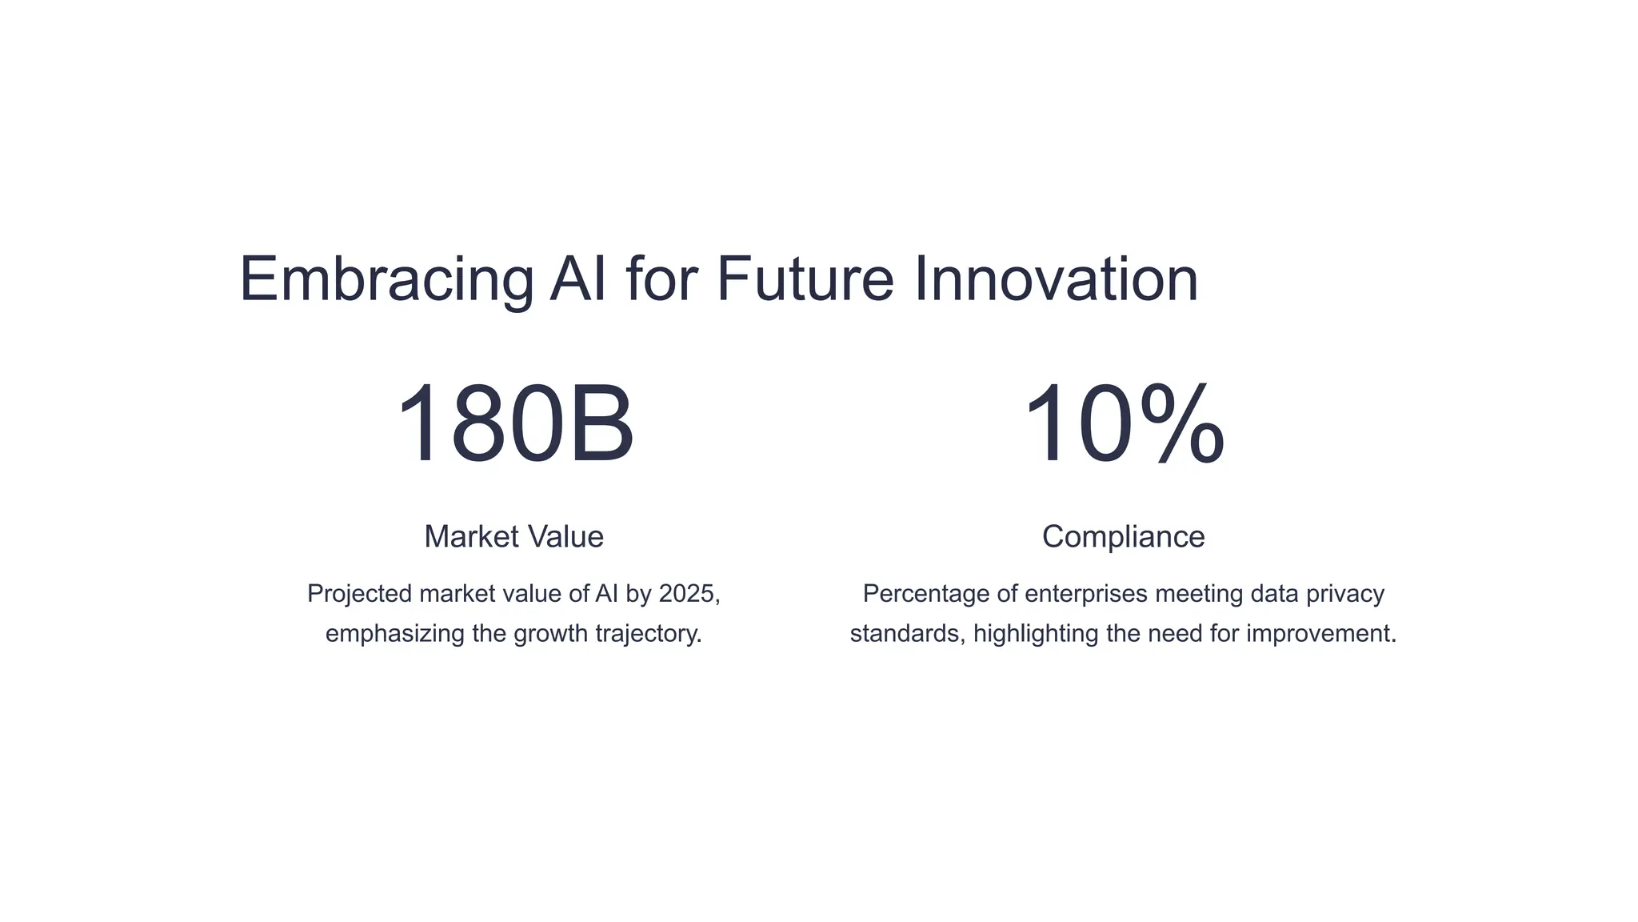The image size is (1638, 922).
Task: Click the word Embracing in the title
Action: [x=386, y=279]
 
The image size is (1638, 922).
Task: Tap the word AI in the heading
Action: [x=577, y=279]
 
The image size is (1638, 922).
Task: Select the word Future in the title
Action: [x=805, y=279]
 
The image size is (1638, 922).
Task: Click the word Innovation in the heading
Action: [x=1056, y=279]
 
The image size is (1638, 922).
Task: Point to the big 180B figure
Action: [x=514, y=424]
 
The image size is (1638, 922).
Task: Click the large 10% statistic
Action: [x=1123, y=424]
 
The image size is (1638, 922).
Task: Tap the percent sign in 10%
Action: [x=1182, y=424]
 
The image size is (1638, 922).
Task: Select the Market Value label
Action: [x=513, y=536]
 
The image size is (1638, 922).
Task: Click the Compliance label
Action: [x=1123, y=536]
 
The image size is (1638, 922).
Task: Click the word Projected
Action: [x=359, y=595]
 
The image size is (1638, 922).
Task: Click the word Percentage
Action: [x=926, y=594]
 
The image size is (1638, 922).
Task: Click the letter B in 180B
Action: [x=601, y=424]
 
